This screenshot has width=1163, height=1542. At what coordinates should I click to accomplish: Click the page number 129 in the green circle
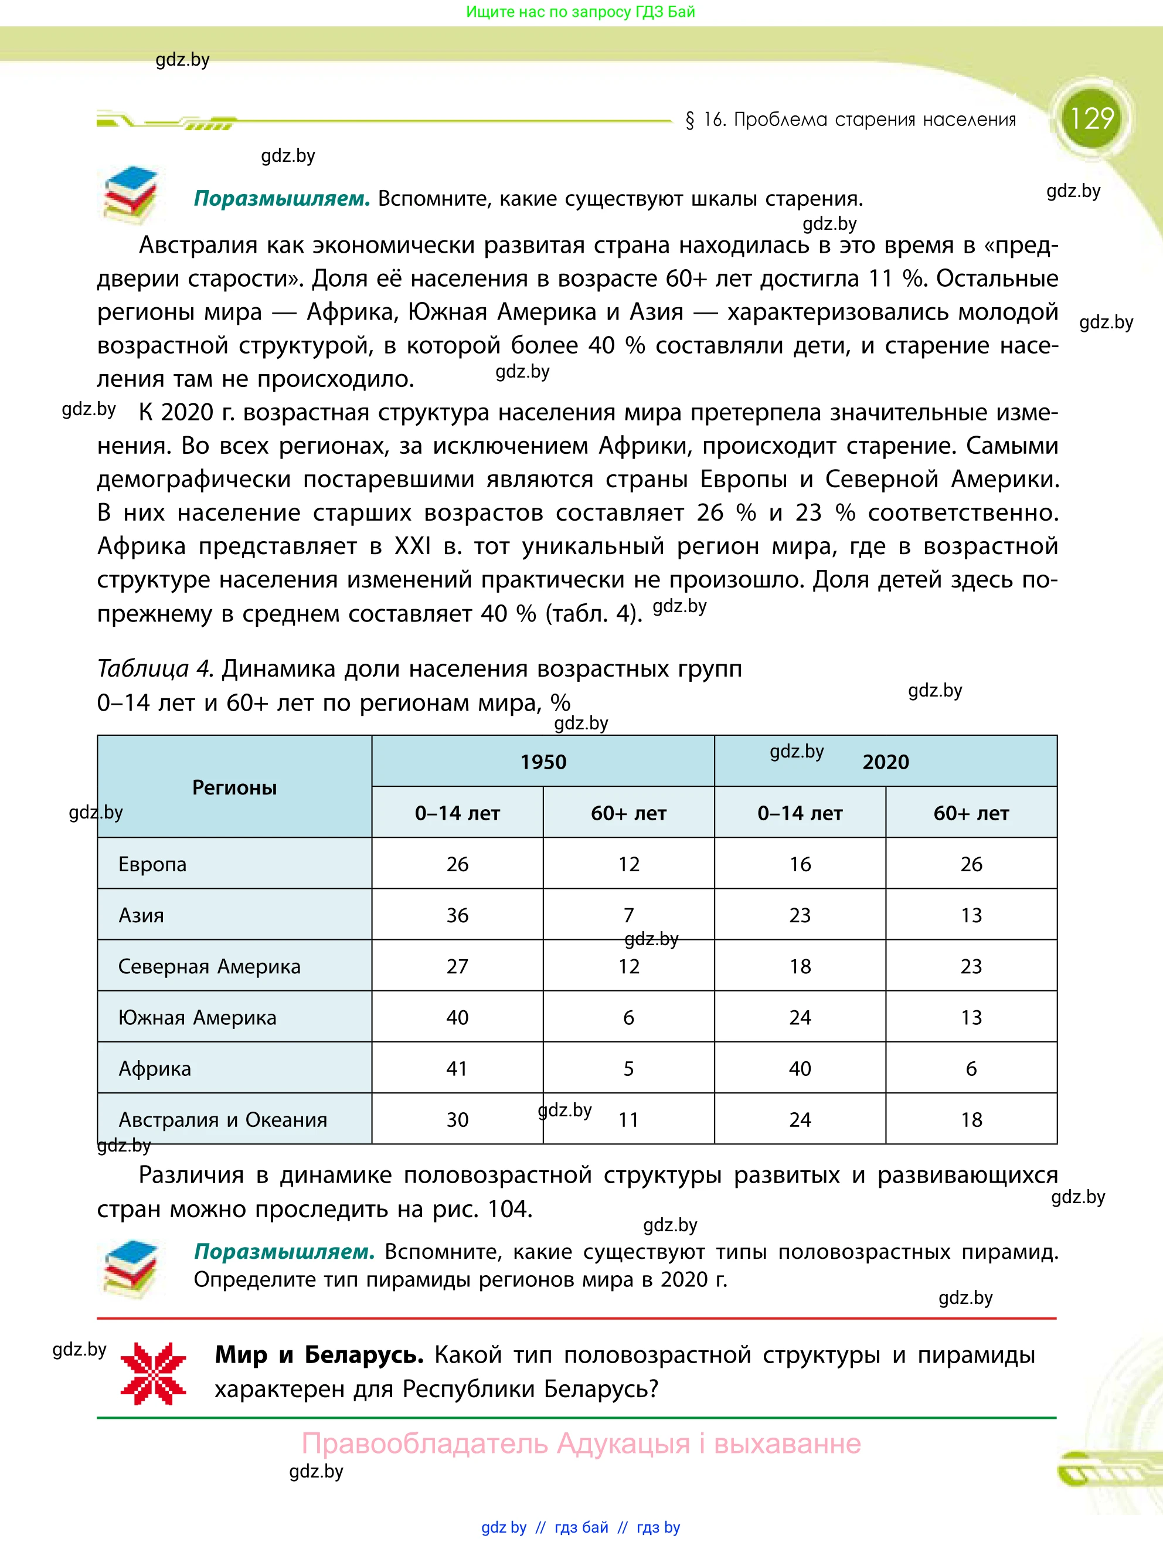click(x=1091, y=118)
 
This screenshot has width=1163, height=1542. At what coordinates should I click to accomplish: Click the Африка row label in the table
click(x=154, y=1069)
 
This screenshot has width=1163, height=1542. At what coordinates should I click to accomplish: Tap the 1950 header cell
click(x=543, y=761)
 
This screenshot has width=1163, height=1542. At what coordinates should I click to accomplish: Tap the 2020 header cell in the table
click(x=885, y=761)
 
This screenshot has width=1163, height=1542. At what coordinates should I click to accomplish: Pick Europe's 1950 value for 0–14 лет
click(x=457, y=864)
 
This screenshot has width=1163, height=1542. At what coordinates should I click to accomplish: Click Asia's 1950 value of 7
click(x=628, y=915)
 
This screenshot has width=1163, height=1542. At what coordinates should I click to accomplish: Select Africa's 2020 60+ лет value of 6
click(x=971, y=1069)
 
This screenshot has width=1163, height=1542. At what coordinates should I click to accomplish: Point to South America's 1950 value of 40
click(x=457, y=1017)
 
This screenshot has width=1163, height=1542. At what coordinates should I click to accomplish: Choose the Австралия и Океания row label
click(x=222, y=1119)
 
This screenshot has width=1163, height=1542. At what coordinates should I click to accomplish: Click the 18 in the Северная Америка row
click(x=800, y=966)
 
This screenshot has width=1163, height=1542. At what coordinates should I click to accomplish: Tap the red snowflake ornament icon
click(x=154, y=1373)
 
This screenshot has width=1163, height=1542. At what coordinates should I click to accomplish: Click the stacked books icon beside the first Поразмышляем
click(x=130, y=195)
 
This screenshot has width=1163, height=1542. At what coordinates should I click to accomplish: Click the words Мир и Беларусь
click(x=319, y=1354)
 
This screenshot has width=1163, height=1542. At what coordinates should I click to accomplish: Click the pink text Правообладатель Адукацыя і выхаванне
click(x=581, y=1443)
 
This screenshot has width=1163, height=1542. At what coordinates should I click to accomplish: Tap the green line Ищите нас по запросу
click(x=580, y=12)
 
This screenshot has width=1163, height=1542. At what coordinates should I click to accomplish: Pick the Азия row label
click(x=141, y=915)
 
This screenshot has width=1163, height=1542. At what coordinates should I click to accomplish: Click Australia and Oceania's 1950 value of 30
click(x=457, y=1119)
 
